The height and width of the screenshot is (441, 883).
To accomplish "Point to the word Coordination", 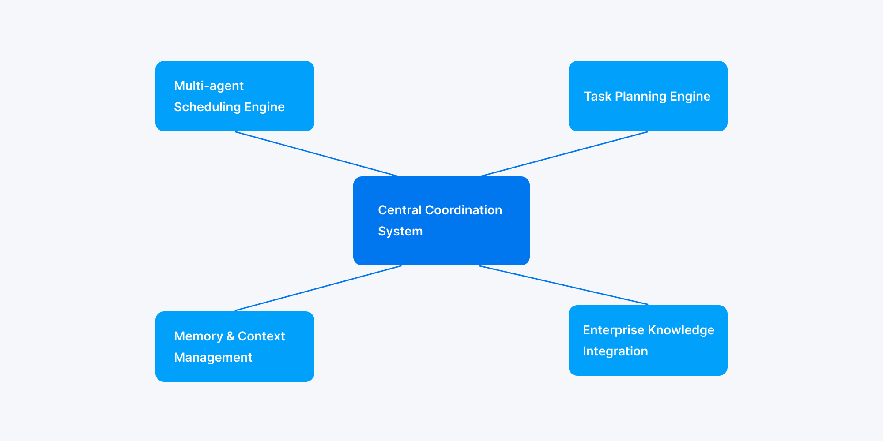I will tap(463, 210).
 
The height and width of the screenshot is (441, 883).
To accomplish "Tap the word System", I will tap(400, 231).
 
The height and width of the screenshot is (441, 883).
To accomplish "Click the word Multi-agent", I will tap(209, 86).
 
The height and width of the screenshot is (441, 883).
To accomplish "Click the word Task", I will tap(597, 96).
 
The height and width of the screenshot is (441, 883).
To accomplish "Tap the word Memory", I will tap(198, 336).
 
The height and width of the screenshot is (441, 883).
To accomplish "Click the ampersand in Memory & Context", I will tap(230, 336).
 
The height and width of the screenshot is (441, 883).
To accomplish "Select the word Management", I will tap(213, 357).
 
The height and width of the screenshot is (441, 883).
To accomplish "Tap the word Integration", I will tap(615, 351).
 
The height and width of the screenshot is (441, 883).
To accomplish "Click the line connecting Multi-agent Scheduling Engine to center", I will tap(317, 154).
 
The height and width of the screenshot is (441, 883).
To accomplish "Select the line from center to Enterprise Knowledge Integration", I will tap(563, 285).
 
